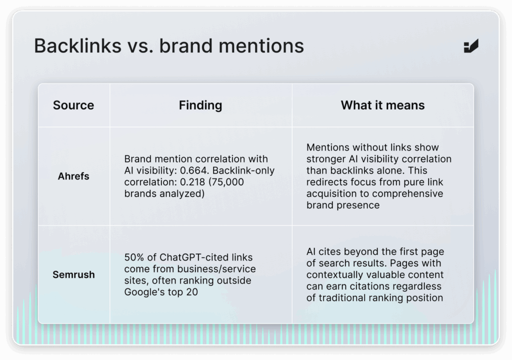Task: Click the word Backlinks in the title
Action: click(77, 45)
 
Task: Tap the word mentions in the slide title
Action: click(261, 45)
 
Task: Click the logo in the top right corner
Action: click(471, 45)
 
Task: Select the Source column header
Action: click(73, 105)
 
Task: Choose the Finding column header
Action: click(200, 105)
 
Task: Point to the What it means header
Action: click(382, 105)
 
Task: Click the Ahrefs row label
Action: click(73, 176)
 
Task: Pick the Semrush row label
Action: click(73, 274)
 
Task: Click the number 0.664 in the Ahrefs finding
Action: click(194, 170)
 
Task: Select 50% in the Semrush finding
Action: click(134, 257)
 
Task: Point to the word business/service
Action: click(216, 269)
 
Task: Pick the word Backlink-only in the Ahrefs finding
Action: click(243, 170)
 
